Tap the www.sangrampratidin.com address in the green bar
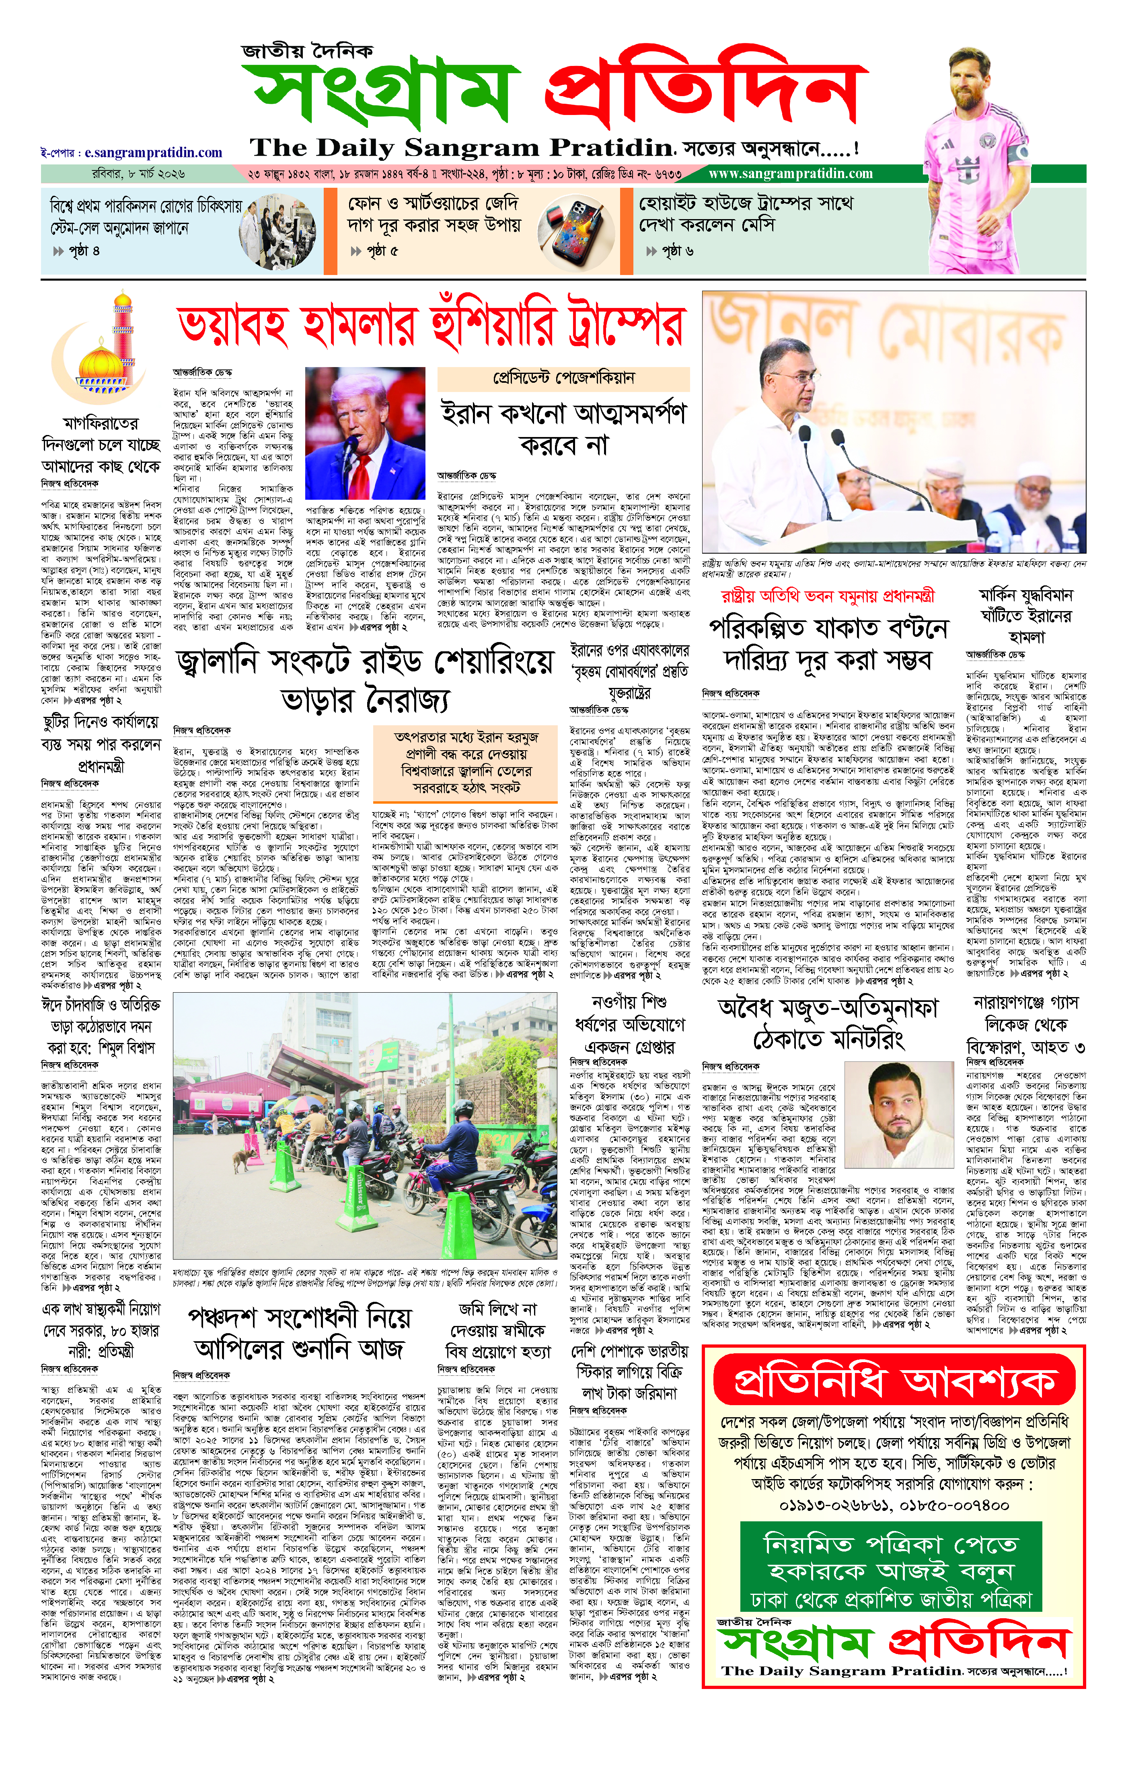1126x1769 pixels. tap(790, 174)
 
